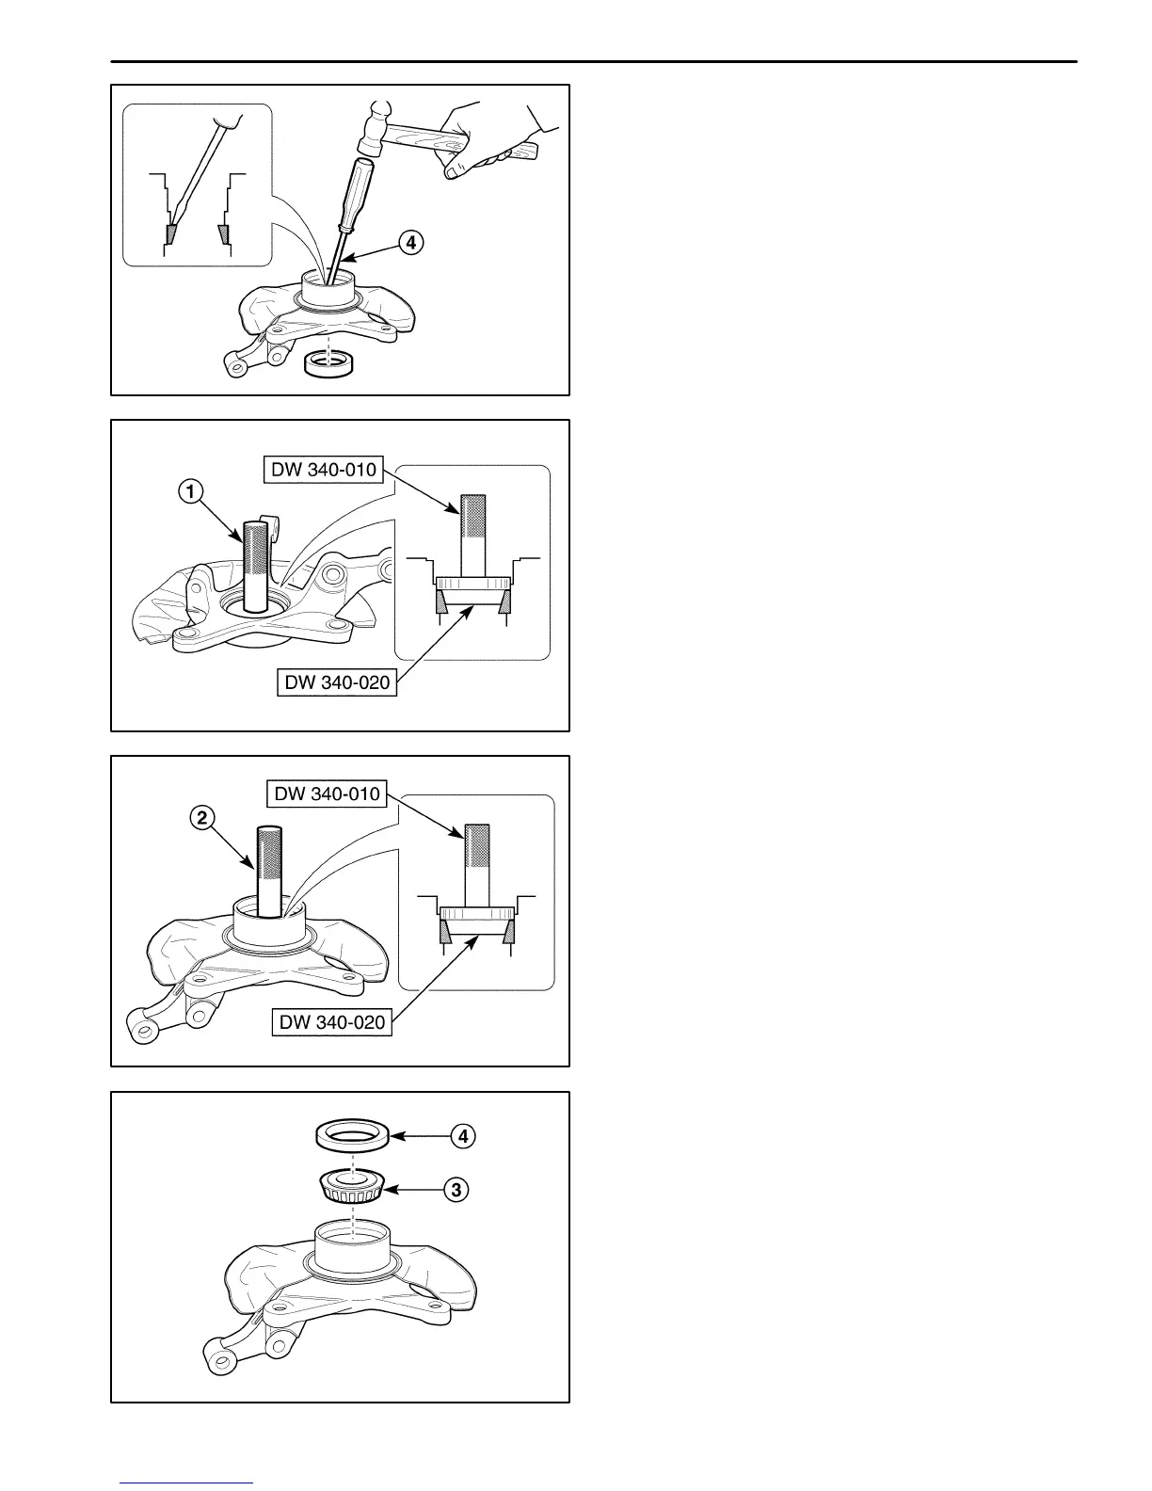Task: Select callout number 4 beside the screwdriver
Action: (409, 243)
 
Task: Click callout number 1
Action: (190, 489)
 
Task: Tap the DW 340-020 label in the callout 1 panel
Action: (335, 681)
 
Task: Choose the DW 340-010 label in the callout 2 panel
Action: (327, 794)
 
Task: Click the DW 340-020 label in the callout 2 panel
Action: (332, 1021)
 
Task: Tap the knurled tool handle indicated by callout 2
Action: (269, 871)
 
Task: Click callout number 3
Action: (456, 1190)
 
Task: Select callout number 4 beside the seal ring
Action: (463, 1136)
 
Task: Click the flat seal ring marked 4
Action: (350, 1136)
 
